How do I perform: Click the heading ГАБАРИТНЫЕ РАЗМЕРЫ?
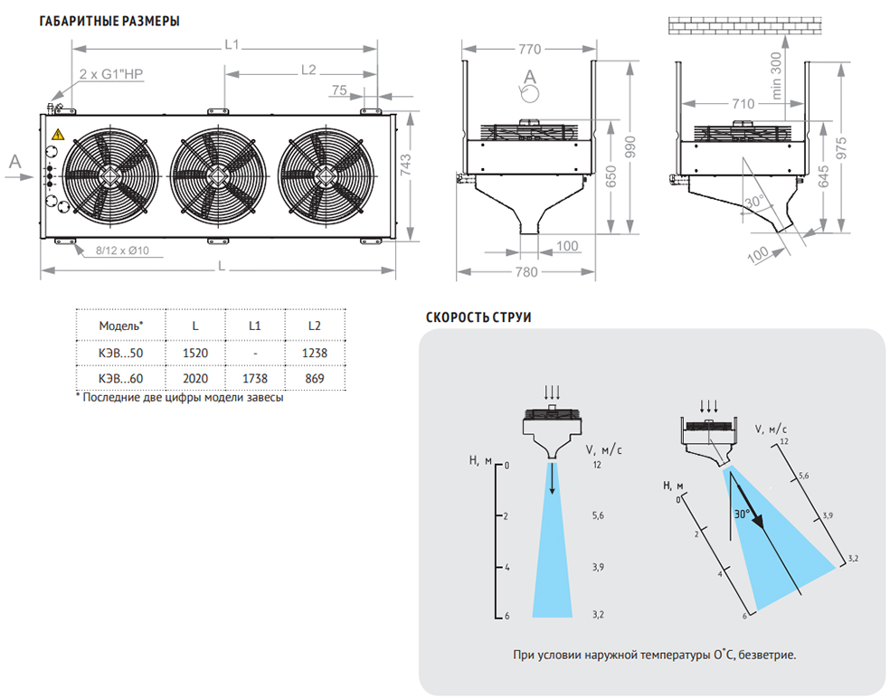[x=109, y=21]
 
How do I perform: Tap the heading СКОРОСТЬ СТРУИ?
[x=478, y=317]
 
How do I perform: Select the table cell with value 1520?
[x=195, y=354]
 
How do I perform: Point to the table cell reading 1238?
[x=314, y=354]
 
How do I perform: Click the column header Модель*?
[x=120, y=326]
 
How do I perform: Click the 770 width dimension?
[x=529, y=49]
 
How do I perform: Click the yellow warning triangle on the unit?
[x=58, y=135]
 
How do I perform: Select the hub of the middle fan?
[x=213, y=173]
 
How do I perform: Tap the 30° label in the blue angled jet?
[x=742, y=514]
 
